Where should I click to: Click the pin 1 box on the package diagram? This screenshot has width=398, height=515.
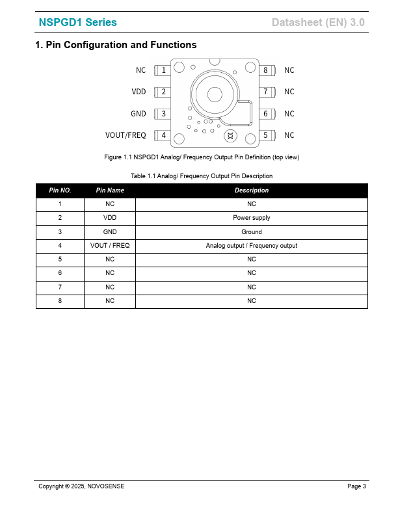pos(163,70)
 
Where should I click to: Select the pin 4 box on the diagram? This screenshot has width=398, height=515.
pos(163,135)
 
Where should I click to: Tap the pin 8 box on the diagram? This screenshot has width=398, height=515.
pos(265,70)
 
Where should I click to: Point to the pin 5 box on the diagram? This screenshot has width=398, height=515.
pos(265,135)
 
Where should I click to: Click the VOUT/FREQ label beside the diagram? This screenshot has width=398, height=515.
pos(126,135)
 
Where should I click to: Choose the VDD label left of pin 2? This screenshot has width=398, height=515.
pos(139,92)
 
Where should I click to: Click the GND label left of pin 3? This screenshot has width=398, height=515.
pos(139,114)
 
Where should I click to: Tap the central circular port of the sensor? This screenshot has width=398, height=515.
pos(215,95)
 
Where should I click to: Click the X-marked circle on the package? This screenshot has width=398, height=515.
pos(229,135)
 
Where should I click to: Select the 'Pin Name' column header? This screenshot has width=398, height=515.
pos(110,191)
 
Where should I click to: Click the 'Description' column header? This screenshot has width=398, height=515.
pos(252,191)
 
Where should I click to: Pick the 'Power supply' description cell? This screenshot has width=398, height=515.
pos(252,218)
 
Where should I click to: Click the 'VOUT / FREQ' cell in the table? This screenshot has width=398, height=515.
pos(110,246)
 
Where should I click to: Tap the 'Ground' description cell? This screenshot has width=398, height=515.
pos(252,232)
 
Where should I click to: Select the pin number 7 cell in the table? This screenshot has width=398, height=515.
pos(60,287)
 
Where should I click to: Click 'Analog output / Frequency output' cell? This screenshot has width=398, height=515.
pos(252,246)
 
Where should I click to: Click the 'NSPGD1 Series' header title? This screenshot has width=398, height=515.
pos(78,23)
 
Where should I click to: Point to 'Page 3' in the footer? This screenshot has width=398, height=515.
pos(356,486)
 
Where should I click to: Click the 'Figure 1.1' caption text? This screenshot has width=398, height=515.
pos(202,157)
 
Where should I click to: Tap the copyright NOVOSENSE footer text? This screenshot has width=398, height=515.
pos(81,486)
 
